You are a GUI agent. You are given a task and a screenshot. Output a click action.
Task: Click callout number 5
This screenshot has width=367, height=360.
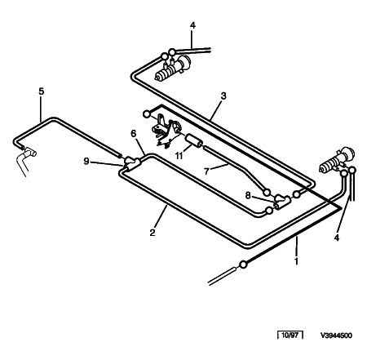(41, 91)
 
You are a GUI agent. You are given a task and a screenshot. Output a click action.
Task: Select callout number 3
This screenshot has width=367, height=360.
(223, 96)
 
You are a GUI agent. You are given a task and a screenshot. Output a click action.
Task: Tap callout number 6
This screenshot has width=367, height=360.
(133, 134)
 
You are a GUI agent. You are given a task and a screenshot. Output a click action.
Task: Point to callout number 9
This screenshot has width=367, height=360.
(86, 162)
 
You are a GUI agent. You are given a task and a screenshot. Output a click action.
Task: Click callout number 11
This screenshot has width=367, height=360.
(179, 156)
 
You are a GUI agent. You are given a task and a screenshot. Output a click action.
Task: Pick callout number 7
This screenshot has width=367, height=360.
(207, 171)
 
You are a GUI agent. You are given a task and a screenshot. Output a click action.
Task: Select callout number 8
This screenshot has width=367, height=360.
(248, 195)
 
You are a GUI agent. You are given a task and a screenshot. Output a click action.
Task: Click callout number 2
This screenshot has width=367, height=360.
(153, 233)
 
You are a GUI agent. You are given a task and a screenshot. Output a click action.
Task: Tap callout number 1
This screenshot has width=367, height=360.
(297, 261)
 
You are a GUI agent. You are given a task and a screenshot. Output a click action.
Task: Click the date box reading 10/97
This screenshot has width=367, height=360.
(290, 335)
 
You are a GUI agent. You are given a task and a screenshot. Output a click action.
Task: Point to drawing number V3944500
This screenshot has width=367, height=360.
(336, 336)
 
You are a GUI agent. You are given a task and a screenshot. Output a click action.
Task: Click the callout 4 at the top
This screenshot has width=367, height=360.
(192, 25)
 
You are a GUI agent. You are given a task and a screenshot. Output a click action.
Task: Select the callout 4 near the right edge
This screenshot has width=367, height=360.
(337, 238)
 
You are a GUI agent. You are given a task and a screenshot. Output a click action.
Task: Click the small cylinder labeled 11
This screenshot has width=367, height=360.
(194, 141)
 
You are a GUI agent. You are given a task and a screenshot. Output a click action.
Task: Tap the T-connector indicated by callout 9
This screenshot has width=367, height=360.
(132, 162)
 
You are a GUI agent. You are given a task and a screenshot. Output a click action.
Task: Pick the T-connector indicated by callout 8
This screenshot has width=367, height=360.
(282, 201)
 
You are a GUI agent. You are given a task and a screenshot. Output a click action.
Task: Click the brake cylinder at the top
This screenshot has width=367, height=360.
(173, 69)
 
